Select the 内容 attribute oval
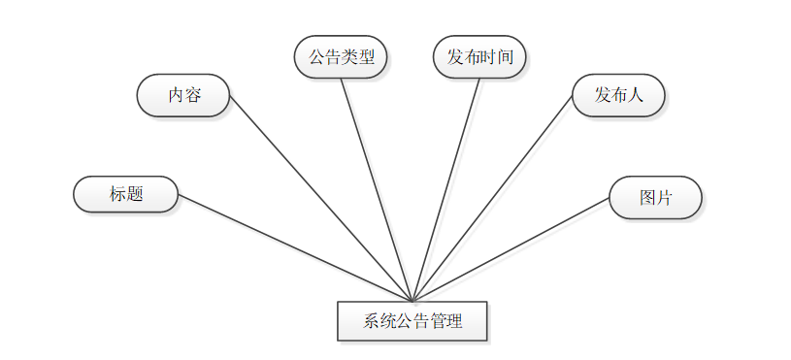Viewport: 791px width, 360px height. (x=183, y=96)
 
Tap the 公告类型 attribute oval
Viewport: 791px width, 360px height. (x=341, y=57)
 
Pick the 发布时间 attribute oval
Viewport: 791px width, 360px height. (x=479, y=57)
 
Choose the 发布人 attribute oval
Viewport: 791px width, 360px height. (x=618, y=96)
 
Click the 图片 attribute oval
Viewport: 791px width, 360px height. (x=655, y=198)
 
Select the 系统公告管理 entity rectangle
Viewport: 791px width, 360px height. (x=412, y=321)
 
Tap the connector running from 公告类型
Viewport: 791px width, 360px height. (x=377, y=189)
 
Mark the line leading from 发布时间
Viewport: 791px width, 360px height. (x=446, y=189)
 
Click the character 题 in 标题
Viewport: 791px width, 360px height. (x=135, y=194)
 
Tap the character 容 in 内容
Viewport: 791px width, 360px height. (x=193, y=96)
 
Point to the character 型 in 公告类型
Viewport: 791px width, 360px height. (x=366, y=57)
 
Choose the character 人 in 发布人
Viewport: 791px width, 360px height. (x=635, y=96)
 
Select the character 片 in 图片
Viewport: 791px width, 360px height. (x=664, y=198)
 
